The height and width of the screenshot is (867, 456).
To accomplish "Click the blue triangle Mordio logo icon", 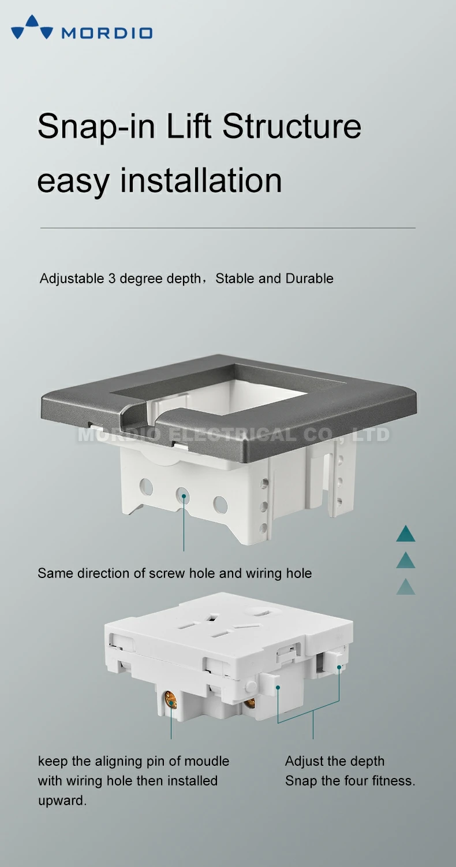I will (32, 27).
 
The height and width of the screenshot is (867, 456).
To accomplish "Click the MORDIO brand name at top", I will (107, 33).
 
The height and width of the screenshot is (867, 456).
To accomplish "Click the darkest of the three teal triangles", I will (406, 534).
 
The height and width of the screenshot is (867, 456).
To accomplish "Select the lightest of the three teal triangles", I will (406, 587).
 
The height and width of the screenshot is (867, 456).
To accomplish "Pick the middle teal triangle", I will (406, 561).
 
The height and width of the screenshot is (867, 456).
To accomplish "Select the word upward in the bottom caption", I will (62, 801).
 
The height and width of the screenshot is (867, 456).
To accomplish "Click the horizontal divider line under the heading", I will (227, 228).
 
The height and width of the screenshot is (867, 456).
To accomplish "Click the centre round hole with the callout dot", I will (184, 495).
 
